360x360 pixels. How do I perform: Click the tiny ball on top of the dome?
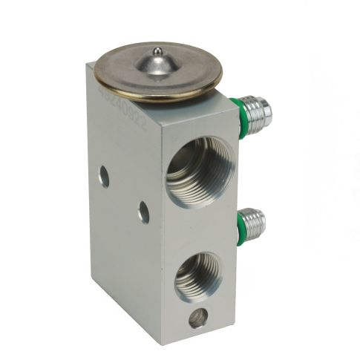[x=157, y=51]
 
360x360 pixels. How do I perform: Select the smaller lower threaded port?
[x=197, y=275]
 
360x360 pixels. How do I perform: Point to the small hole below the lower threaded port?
[x=197, y=319]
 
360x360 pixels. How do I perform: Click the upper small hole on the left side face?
[x=104, y=177]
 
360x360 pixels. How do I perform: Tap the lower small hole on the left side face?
[x=143, y=213]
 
